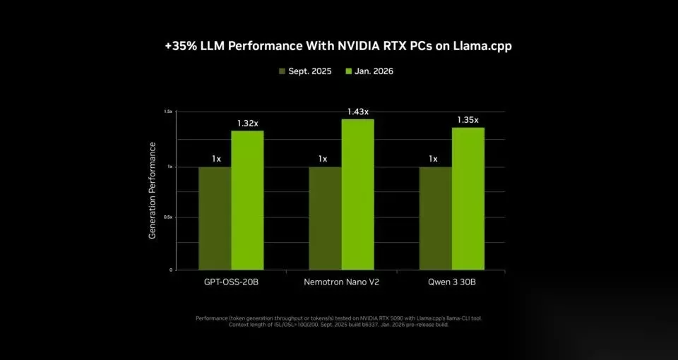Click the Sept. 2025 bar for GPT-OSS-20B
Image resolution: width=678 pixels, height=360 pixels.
pos(215,218)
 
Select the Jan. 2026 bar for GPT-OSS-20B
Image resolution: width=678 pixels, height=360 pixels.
pos(247,200)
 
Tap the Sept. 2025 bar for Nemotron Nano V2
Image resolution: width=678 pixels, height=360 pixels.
pos(325,218)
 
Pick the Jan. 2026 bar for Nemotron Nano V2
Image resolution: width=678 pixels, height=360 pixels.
pos(357,194)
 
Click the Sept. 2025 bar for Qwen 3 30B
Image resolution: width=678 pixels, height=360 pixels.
pos(435,218)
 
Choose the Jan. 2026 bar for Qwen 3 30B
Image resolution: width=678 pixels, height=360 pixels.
pos(468,198)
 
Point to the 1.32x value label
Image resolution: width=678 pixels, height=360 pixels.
pos(247,124)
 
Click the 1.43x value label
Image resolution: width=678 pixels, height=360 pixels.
pos(357,112)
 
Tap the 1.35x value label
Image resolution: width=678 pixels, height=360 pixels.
pos(468,120)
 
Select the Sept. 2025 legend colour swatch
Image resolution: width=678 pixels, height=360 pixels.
pos(282,71)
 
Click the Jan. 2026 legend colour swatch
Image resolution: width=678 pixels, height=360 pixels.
pos(347,71)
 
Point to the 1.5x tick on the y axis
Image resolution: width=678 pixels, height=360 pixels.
pos(168,112)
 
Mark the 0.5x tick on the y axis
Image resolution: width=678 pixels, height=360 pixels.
pos(168,217)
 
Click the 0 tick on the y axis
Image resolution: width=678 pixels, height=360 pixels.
pos(170,270)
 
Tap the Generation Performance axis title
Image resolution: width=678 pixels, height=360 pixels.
pos(153,190)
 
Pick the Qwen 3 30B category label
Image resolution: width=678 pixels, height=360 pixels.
pos(452,282)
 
